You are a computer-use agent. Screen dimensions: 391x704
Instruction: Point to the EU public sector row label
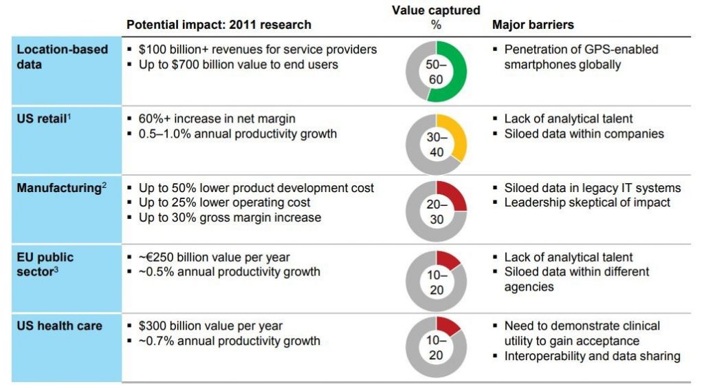[x=45, y=264]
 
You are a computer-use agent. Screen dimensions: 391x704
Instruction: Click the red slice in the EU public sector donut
[x=448, y=259]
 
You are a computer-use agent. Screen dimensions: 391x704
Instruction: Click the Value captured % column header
[x=436, y=17]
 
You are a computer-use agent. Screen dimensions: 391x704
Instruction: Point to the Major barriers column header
[x=533, y=25]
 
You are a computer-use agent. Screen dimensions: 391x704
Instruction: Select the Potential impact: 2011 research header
[x=219, y=25]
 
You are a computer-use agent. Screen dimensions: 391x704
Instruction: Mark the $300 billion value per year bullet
[x=210, y=326]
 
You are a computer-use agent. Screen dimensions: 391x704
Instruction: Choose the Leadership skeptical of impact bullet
[x=587, y=202]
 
